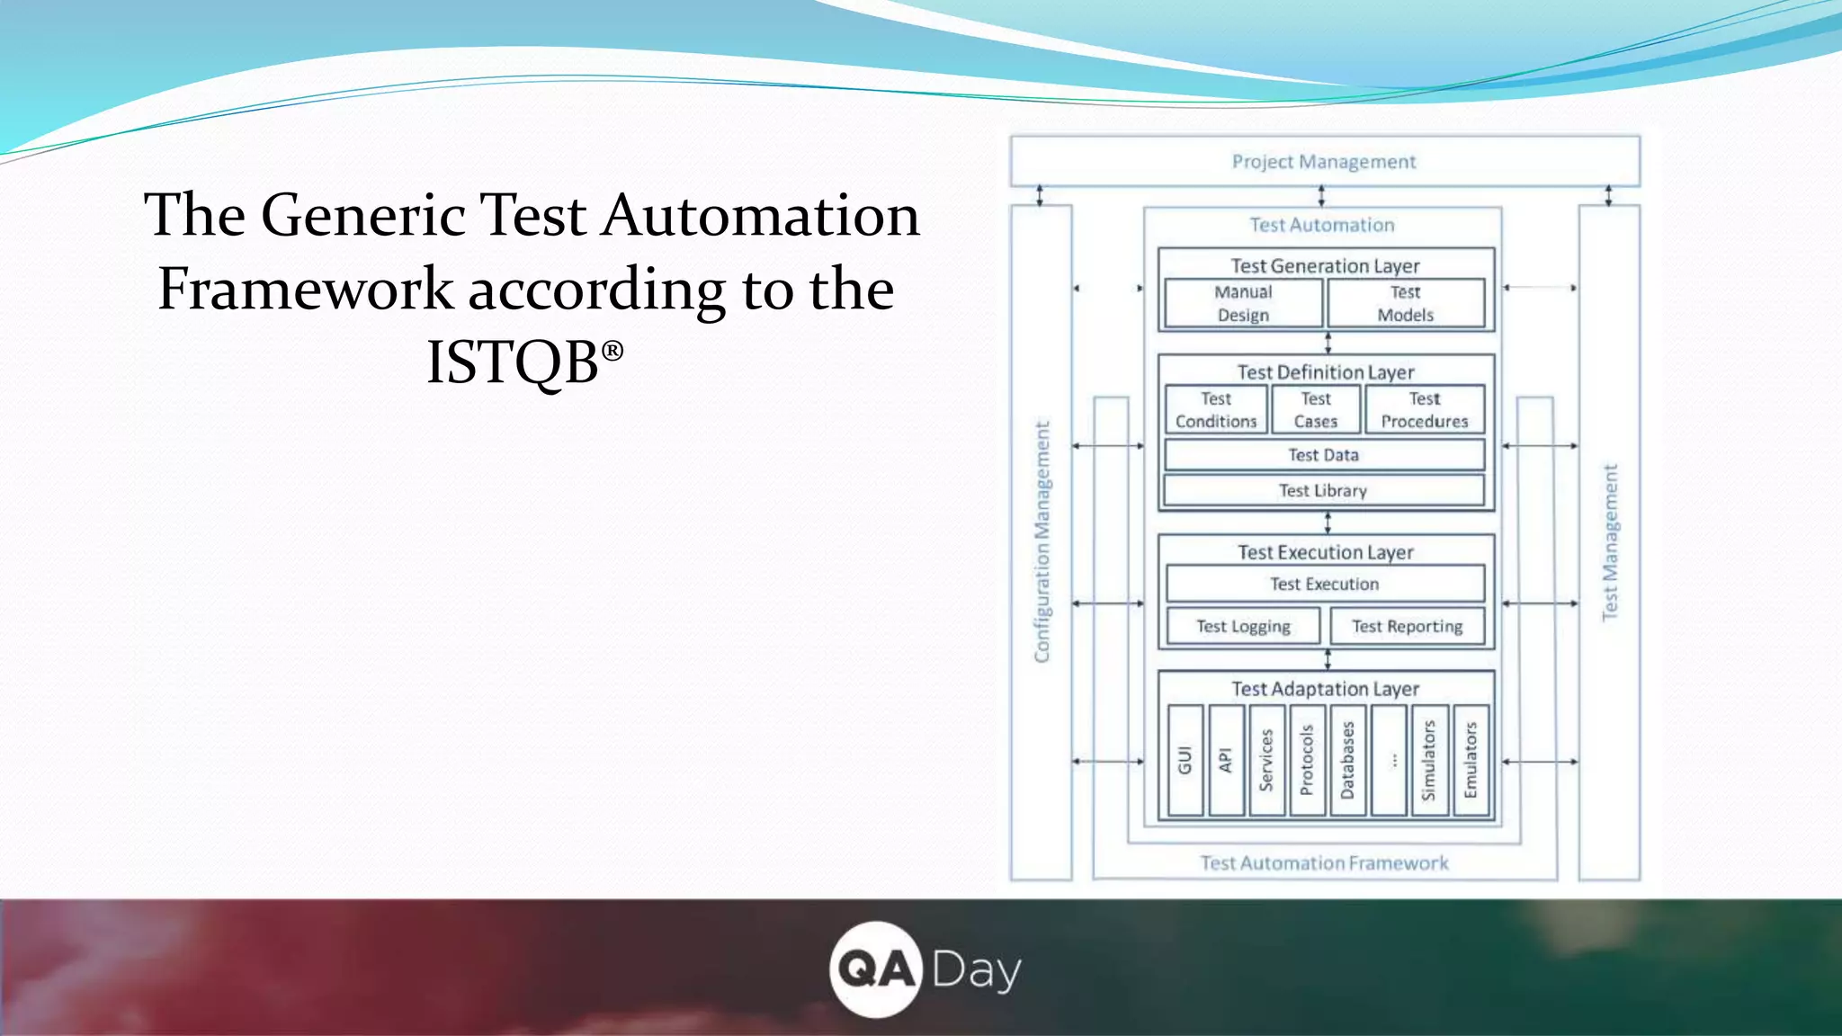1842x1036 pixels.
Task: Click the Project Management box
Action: (1324, 162)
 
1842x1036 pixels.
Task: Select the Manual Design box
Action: (1243, 303)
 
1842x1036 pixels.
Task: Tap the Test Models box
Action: (1405, 303)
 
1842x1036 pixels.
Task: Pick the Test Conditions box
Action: (1216, 410)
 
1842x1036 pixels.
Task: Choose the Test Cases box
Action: (1316, 410)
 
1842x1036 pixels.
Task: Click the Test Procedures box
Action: (1425, 410)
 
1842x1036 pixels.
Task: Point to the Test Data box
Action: (1324, 455)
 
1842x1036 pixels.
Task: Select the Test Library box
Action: (1324, 490)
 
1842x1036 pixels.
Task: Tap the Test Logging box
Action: (1243, 626)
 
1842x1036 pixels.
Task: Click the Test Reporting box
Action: (1407, 626)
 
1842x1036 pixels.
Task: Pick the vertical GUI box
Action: (1185, 761)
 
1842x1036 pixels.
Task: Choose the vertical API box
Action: (1226, 761)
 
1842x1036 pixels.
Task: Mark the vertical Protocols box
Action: (1307, 761)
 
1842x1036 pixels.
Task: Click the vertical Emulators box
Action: (1471, 761)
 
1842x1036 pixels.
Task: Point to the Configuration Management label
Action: (1042, 542)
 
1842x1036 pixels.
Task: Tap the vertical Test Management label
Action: (1610, 542)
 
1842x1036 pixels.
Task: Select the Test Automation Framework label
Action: (1324, 863)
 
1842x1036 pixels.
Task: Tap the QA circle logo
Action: (875, 969)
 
